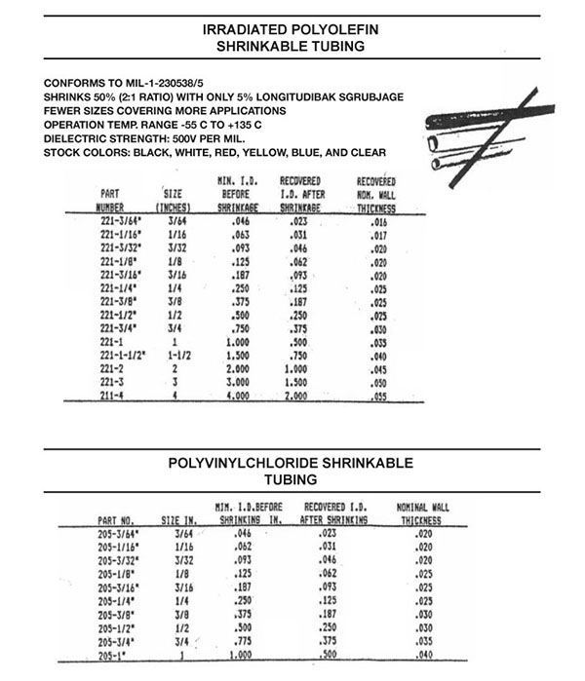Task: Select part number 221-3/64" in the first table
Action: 119,222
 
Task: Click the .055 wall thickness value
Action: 373,399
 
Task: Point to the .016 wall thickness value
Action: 374,223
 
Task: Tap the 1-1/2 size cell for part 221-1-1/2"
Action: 175,359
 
